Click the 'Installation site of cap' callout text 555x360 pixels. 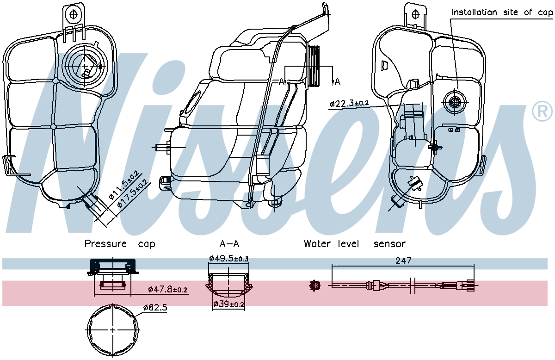(x=502, y=12)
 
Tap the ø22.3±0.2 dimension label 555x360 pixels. (x=349, y=104)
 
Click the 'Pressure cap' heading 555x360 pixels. (x=120, y=244)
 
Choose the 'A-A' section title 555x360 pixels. (x=229, y=244)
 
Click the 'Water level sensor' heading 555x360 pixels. (x=354, y=244)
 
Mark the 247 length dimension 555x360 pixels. (x=403, y=261)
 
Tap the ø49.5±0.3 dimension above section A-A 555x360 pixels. (x=229, y=258)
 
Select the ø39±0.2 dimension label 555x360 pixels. (x=229, y=304)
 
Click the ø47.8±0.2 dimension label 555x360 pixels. (x=167, y=290)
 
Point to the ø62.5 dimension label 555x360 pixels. (x=155, y=307)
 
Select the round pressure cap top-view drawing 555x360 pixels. (x=113, y=330)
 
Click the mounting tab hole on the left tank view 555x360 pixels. (x=73, y=14)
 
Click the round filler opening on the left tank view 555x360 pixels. (x=85, y=67)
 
